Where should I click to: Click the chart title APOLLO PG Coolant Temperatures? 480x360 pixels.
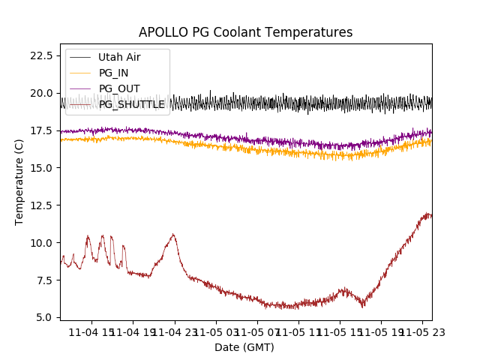click(x=245, y=32)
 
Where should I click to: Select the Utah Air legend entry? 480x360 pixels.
click(x=119, y=57)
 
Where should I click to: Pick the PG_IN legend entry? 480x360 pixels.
click(x=113, y=73)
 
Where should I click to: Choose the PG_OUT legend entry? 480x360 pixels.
click(x=118, y=88)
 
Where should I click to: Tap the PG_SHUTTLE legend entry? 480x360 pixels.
click(x=131, y=104)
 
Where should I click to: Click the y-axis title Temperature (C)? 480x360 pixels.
click(x=19, y=182)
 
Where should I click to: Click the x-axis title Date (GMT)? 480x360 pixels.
click(x=244, y=347)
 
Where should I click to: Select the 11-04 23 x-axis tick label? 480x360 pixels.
click(x=174, y=331)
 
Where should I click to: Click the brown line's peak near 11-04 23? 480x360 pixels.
click(x=173, y=235)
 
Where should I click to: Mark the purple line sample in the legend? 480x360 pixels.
click(x=79, y=88)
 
